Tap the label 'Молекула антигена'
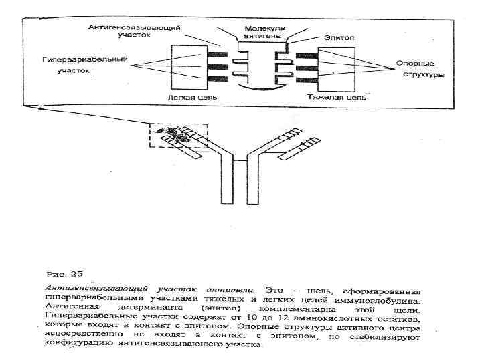265,33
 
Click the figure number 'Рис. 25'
66,273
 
